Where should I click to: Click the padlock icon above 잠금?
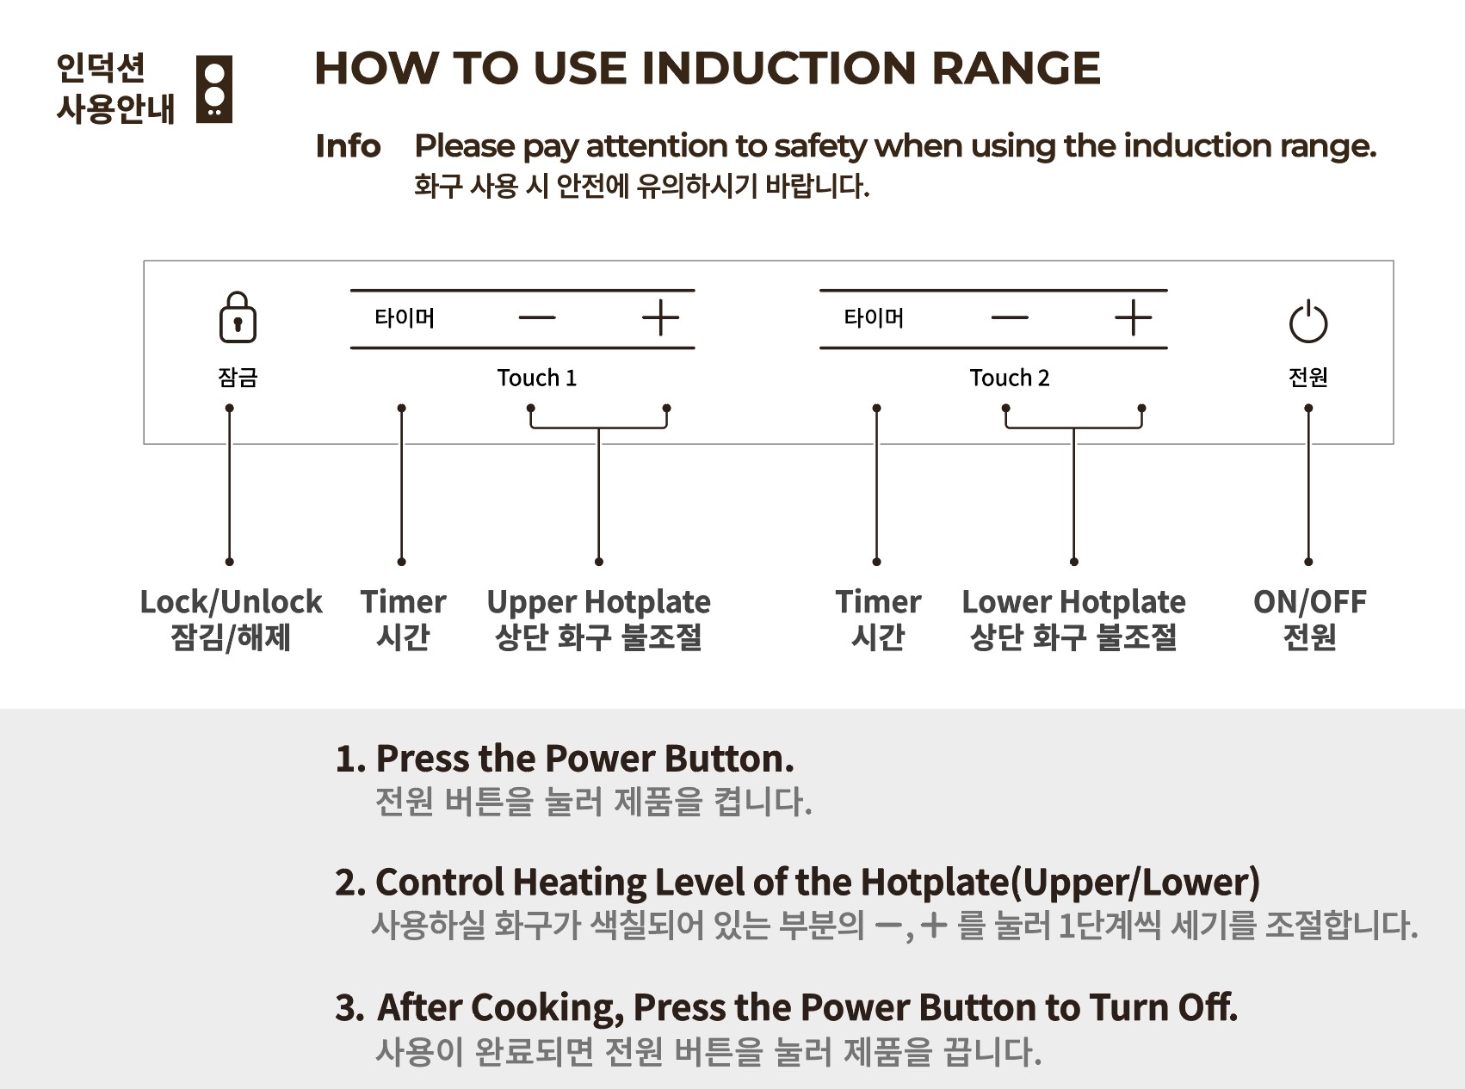(x=238, y=317)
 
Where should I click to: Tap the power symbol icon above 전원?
(x=1308, y=322)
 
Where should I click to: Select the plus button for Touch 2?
(x=1133, y=317)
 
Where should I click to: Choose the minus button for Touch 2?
(x=1010, y=317)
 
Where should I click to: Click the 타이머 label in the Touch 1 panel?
(x=405, y=318)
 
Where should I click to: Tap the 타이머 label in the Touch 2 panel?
(x=874, y=318)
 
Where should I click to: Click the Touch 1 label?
(x=536, y=378)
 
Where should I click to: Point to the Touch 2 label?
(x=1010, y=378)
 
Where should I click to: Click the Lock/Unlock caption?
(x=231, y=602)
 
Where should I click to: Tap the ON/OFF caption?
(x=1309, y=602)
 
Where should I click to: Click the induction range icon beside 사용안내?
(x=214, y=89)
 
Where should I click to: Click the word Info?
(x=348, y=146)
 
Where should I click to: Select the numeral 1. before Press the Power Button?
(x=350, y=759)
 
